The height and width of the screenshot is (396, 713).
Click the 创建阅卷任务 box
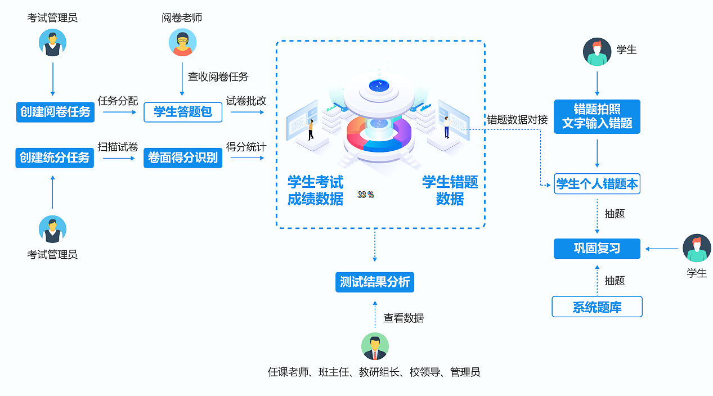click(55, 112)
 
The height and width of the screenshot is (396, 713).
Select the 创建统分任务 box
click(55, 157)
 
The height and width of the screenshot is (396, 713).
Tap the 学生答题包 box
click(183, 112)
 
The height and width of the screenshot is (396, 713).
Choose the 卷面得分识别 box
click(183, 157)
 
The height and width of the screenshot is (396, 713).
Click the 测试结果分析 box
click(375, 281)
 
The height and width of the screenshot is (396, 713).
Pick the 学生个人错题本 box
click(597, 184)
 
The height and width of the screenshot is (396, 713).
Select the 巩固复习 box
click(597, 248)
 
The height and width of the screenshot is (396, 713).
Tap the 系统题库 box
click(597, 307)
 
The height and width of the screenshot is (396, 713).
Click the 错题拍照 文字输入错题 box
click(597, 116)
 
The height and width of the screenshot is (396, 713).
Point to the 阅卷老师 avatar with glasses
click(182, 43)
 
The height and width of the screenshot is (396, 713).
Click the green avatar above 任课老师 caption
click(375, 346)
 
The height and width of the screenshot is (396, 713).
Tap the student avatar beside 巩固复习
click(697, 248)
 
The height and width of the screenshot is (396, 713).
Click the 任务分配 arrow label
click(118, 101)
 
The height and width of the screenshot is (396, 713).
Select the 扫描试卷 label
click(118, 147)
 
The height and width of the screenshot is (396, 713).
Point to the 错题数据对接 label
click(517, 119)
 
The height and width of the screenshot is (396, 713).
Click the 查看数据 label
click(403, 318)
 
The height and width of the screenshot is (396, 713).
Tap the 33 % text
click(366, 195)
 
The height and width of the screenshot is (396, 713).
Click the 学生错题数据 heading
click(450, 190)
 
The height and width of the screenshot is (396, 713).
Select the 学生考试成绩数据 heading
click(315, 190)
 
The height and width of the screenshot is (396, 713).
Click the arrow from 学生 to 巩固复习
click(662, 249)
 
